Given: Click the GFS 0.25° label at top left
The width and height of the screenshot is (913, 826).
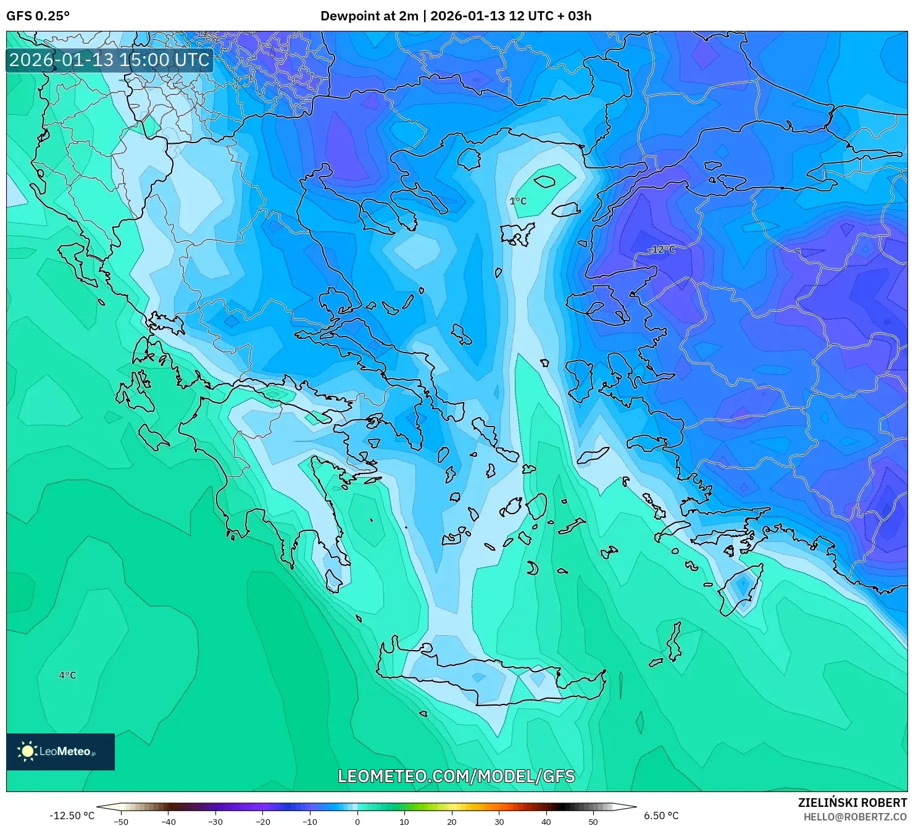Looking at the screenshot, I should [x=38, y=16].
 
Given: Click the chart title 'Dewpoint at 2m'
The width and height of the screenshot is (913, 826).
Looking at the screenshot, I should [x=369, y=16].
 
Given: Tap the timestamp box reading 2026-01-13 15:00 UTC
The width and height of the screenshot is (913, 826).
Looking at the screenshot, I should [x=109, y=60].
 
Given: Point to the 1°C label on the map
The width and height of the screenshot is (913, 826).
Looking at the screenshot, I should [x=518, y=201].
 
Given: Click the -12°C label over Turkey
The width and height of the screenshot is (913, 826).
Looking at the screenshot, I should [x=661, y=249].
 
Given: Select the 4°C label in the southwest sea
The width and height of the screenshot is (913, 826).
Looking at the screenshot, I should [x=67, y=675].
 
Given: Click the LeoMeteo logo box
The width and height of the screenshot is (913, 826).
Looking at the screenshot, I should [x=60, y=751].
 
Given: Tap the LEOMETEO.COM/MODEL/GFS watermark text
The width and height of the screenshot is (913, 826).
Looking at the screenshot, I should [x=456, y=776].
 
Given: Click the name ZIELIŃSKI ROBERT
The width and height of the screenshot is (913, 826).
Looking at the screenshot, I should [x=852, y=803].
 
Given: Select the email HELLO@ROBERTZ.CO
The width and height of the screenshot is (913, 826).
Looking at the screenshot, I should [x=855, y=817].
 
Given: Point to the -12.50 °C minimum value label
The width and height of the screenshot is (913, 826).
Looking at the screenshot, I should [x=72, y=816].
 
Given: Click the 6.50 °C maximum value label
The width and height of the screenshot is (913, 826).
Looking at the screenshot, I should [x=661, y=816].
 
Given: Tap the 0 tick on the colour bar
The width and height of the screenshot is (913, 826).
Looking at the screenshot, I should [x=357, y=822].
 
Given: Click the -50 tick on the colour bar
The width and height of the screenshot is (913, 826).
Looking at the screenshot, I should [x=121, y=822].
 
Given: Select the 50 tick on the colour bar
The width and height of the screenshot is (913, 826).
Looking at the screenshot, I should [x=593, y=822].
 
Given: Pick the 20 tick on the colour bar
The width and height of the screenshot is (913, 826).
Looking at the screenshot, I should [x=452, y=822].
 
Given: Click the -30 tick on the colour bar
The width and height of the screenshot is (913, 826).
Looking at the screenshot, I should [x=215, y=822].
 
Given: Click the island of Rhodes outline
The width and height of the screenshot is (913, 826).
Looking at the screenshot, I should [x=741, y=589].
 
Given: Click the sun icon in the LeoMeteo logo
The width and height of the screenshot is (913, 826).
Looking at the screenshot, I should [x=27, y=751].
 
